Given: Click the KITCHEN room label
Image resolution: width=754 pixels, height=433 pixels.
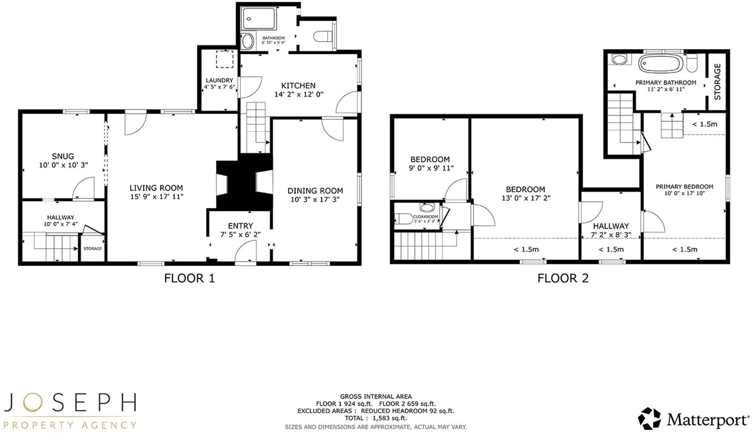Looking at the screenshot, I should click(x=298, y=86).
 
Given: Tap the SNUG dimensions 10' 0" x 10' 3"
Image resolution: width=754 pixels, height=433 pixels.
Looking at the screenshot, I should click(x=63, y=165).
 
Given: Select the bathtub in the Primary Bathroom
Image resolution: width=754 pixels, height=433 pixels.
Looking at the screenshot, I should click(x=661, y=63).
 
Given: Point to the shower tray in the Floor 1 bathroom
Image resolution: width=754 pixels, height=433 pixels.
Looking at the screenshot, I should click(x=259, y=19).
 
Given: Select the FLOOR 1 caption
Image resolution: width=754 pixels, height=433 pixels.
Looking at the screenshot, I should click(x=189, y=278).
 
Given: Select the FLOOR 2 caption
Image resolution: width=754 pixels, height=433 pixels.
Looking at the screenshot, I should click(x=563, y=278).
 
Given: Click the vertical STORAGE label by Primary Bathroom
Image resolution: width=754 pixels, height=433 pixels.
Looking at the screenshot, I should click(x=717, y=81).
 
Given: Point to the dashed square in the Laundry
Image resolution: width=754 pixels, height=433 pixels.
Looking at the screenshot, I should click(x=225, y=59).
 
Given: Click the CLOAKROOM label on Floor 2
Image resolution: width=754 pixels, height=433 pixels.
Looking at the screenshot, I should click(x=425, y=217).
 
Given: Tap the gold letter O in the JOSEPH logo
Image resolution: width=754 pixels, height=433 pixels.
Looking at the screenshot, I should click(x=32, y=403).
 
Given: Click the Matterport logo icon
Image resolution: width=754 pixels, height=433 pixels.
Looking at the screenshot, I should click(x=649, y=419).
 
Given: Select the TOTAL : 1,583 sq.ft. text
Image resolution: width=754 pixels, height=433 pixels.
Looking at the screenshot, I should click(x=376, y=418).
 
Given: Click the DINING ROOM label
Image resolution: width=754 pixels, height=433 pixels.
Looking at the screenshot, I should click(x=315, y=191).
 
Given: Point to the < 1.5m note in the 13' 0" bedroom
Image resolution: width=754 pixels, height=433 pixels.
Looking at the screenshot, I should click(x=526, y=249).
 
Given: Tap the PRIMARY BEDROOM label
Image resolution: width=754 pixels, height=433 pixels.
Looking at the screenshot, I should click(x=684, y=187).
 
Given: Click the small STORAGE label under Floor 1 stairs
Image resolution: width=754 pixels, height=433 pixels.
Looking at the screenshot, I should click(x=93, y=249).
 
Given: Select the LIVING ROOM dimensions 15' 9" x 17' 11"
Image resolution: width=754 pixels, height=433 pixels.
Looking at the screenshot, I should click(x=157, y=197).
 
